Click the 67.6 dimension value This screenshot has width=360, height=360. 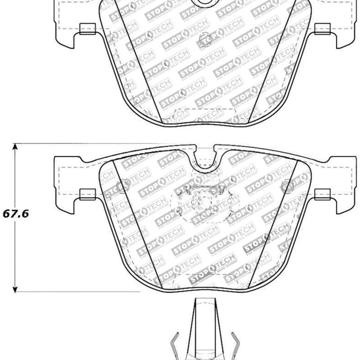click(16, 214)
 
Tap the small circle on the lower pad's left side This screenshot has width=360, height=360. click(121, 185)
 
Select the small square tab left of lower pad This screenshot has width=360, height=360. click(87, 194)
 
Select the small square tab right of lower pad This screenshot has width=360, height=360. click(322, 194)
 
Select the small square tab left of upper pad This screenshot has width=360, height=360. click(87, 29)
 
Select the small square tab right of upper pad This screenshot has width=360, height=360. click(322, 29)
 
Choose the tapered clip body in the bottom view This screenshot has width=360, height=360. click(205, 328)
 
